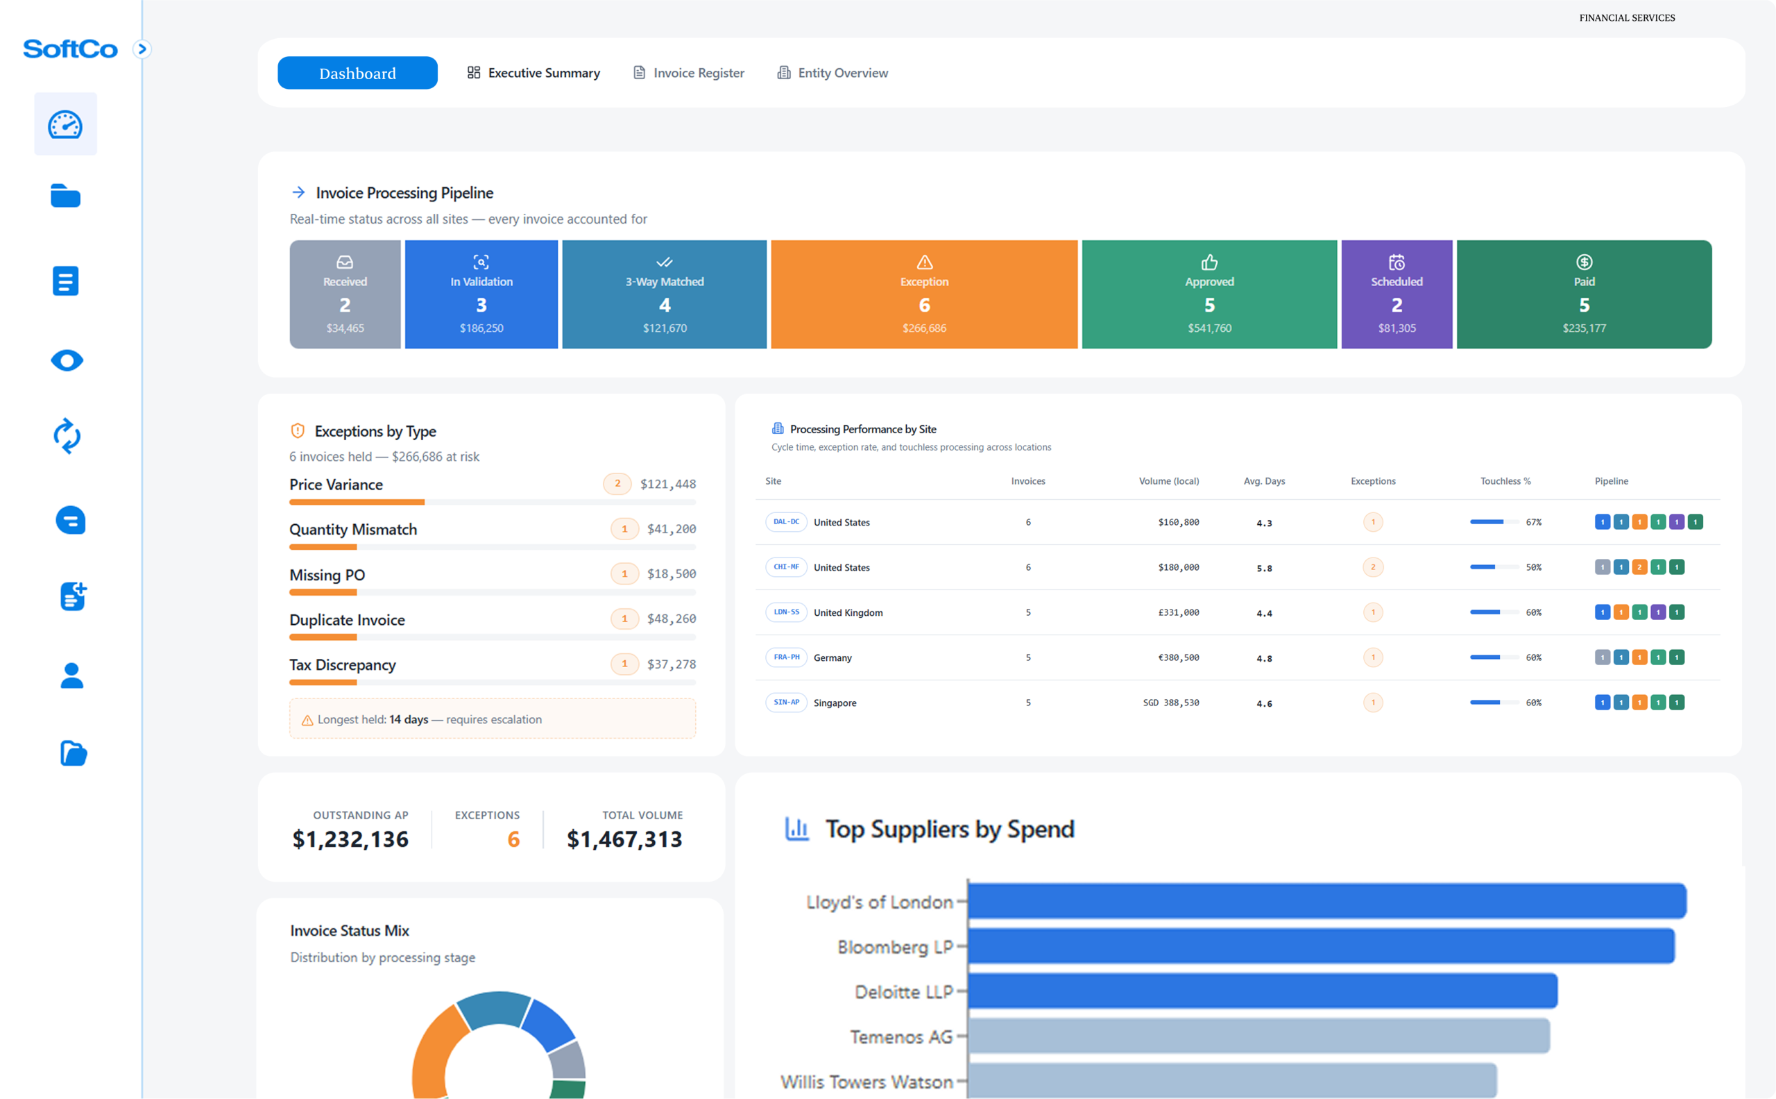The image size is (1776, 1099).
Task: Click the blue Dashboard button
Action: click(357, 73)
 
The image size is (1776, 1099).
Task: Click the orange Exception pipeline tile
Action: click(924, 294)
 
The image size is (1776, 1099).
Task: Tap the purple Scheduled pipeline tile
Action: click(1396, 294)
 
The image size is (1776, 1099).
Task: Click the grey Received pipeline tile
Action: click(345, 294)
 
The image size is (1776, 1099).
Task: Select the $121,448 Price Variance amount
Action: click(667, 484)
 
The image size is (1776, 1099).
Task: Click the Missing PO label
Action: click(327, 575)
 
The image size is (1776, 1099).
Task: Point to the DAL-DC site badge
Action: click(786, 522)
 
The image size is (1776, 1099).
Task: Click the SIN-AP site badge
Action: click(786, 702)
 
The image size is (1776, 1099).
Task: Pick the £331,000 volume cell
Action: click(1178, 613)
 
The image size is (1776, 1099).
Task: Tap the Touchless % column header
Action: click(1505, 481)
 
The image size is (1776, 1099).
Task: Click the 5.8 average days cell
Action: click(1264, 569)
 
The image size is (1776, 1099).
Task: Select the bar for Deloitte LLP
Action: click(1263, 991)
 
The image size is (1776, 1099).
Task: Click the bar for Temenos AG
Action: click(1258, 1036)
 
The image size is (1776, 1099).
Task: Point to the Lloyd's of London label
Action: click(879, 902)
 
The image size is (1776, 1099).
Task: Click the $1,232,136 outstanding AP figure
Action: click(350, 839)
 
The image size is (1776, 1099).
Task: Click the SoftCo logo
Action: click(70, 49)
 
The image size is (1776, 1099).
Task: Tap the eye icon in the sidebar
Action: click(67, 360)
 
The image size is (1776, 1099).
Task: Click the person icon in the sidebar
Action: click(71, 676)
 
